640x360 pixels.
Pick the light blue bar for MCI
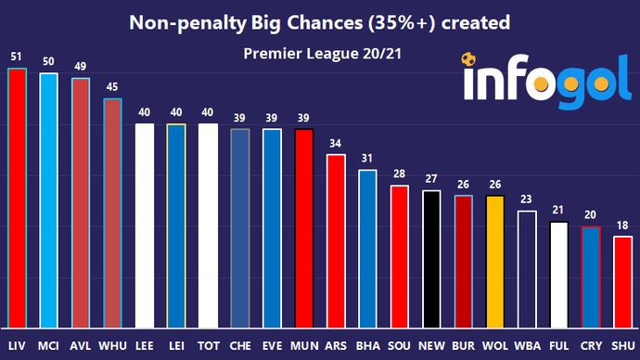coord(48,199)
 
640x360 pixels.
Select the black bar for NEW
coord(431,259)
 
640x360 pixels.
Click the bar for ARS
coord(336,241)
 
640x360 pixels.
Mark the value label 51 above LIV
coord(16,57)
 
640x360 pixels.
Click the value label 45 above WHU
coord(112,88)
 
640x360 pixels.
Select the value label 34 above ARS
coord(336,144)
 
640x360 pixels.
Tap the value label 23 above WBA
coord(527,200)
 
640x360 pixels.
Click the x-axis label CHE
coord(239,345)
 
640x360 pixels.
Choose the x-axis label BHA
coord(367,345)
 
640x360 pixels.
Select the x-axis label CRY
coord(591,345)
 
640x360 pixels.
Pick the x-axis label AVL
coord(81,345)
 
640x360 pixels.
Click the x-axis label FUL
coord(558,345)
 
